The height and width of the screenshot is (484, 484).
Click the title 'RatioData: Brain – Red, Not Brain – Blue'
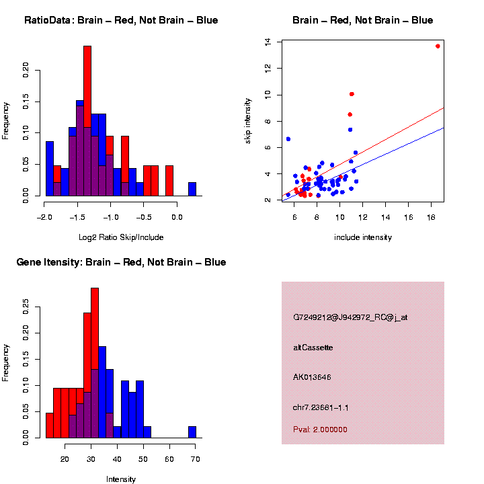(x=121, y=21)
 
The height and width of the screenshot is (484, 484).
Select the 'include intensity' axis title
(x=363, y=237)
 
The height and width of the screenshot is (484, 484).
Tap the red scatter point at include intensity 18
(x=438, y=46)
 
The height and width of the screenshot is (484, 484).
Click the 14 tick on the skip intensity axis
(x=268, y=42)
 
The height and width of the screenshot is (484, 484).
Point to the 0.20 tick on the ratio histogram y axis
(x=26, y=69)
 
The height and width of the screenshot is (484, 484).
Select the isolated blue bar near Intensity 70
(x=192, y=432)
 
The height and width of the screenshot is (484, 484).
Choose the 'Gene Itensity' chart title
(x=121, y=262)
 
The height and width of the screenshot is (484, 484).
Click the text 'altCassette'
(x=313, y=348)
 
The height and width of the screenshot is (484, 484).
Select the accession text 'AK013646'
(x=313, y=377)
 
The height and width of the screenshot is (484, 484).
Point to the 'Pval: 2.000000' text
(x=320, y=430)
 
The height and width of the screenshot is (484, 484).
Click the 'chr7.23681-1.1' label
(x=321, y=407)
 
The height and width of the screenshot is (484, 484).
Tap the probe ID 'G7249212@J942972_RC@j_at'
(x=350, y=317)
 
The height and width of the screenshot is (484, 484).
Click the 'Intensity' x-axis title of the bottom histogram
(x=121, y=479)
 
